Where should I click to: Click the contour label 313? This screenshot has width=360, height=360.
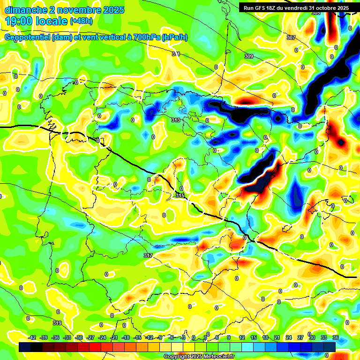[x=176, y=120]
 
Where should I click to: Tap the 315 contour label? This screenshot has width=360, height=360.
[x=180, y=195]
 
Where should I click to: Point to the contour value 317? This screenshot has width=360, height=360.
[x=148, y=255]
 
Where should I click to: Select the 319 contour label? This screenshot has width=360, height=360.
[x=57, y=323]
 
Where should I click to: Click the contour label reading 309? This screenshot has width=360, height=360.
[x=249, y=57]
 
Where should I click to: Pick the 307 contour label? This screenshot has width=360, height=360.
[x=291, y=37]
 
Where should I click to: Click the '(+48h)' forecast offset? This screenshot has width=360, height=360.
[x=81, y=21]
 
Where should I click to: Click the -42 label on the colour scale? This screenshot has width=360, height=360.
[x=32, y=337]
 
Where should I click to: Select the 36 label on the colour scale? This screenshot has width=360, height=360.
[x=336, y=337]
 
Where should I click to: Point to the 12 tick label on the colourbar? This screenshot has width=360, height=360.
[x=242, y=337]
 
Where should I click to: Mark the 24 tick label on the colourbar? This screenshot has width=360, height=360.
[x=289, y=337]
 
